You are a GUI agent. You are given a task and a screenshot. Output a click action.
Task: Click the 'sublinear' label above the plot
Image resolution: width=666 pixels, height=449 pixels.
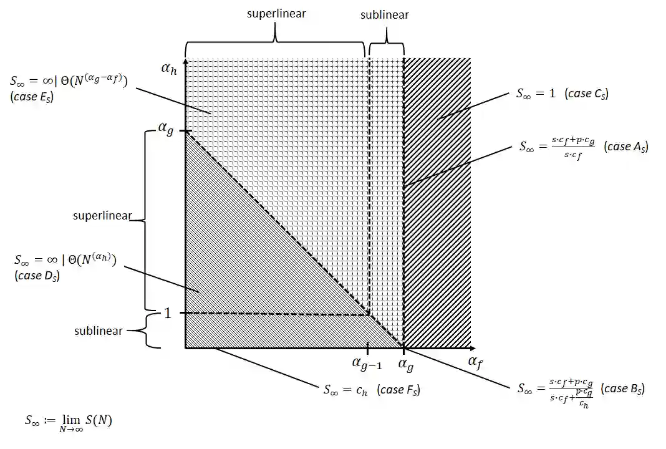385,14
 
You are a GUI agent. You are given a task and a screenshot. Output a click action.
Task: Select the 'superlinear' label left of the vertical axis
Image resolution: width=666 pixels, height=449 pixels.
102,216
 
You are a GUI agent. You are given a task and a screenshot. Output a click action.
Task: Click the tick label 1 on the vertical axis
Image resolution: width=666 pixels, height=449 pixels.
167,313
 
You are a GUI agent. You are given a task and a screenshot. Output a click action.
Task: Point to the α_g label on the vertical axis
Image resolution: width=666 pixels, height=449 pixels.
165,130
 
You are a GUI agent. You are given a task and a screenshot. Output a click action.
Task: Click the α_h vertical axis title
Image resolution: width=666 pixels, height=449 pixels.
169,69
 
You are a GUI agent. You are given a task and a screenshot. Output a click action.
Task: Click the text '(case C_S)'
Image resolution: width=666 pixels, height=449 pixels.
586,94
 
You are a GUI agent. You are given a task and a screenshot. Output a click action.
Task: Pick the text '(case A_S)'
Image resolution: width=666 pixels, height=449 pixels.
626,147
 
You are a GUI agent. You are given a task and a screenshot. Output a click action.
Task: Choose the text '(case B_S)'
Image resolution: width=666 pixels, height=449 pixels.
622,389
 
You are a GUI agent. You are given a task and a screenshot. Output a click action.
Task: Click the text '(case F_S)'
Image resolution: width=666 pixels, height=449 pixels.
398,390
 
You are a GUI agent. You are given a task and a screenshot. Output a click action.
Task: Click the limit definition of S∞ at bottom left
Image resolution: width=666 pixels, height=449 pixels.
69,422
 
